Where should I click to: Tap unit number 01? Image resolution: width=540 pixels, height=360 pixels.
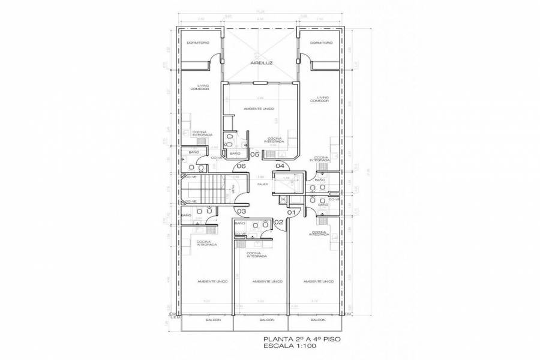[292, 212]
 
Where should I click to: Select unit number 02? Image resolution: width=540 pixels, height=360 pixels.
[278, 222]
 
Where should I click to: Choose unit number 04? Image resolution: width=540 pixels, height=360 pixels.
[280, 166]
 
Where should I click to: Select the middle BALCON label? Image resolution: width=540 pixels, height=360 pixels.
[266, 320]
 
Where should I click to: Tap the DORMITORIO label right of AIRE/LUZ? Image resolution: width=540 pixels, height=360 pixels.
[322, 43]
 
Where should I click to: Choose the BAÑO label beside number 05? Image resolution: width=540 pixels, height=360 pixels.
[235, 154]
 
